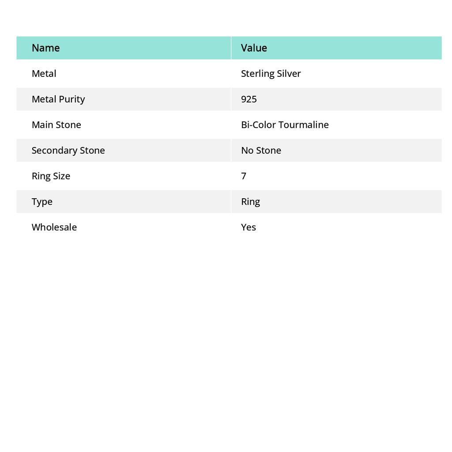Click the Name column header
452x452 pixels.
coord(45,48)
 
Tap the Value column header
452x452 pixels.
coord(254,48)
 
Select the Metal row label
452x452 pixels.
coord(44,73)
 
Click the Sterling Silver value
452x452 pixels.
coord(271,73)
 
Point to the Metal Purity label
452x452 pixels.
coord(58,99)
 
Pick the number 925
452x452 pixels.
coord(249,99)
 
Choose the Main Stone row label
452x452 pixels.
coord(56,124)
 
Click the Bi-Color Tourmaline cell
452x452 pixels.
coord(285,124)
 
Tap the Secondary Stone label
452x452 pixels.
coord(68,150)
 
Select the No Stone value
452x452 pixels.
coord(261,150)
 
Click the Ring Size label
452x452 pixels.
coord(51,176)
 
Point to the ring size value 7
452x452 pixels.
coord(244,176)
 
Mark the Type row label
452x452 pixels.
coord(42,201)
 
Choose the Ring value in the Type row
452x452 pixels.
coord(250,201)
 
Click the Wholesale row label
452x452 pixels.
coord(54,227)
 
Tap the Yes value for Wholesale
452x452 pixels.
coord(249,227)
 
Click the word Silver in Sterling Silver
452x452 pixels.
coord(289,73)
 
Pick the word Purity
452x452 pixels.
coord(72,99)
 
